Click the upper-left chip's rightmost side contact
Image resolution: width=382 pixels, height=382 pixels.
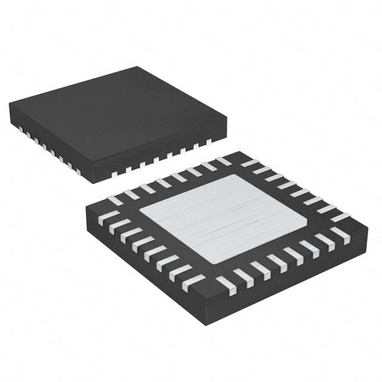[x=208, y=142]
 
